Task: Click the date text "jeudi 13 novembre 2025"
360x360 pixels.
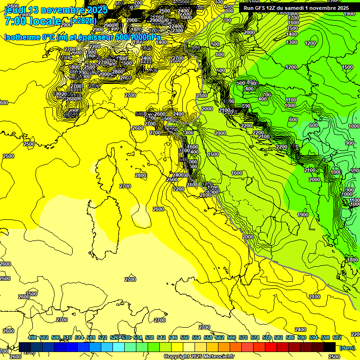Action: click(56, 10)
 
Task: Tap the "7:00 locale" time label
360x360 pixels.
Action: click(33, 21)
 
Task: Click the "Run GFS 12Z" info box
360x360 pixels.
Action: click(296, 8)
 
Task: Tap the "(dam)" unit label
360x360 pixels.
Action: click(347, 348)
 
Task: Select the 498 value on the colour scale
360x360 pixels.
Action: click(32, 338)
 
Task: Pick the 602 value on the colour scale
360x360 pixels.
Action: click(337, 338)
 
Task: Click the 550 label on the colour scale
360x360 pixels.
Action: click(185, 338)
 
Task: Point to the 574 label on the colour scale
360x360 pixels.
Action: click(255, 338)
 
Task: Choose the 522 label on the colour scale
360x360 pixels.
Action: click(103, 338)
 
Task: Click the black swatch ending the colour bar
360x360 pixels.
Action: click(330, 347)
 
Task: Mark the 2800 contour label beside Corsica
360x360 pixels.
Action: click(141, 175)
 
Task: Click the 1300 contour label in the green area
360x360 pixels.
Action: click(292, 42)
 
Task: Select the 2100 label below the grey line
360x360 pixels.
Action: click(315, 297)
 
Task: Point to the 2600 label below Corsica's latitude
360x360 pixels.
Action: click(158, 209)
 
